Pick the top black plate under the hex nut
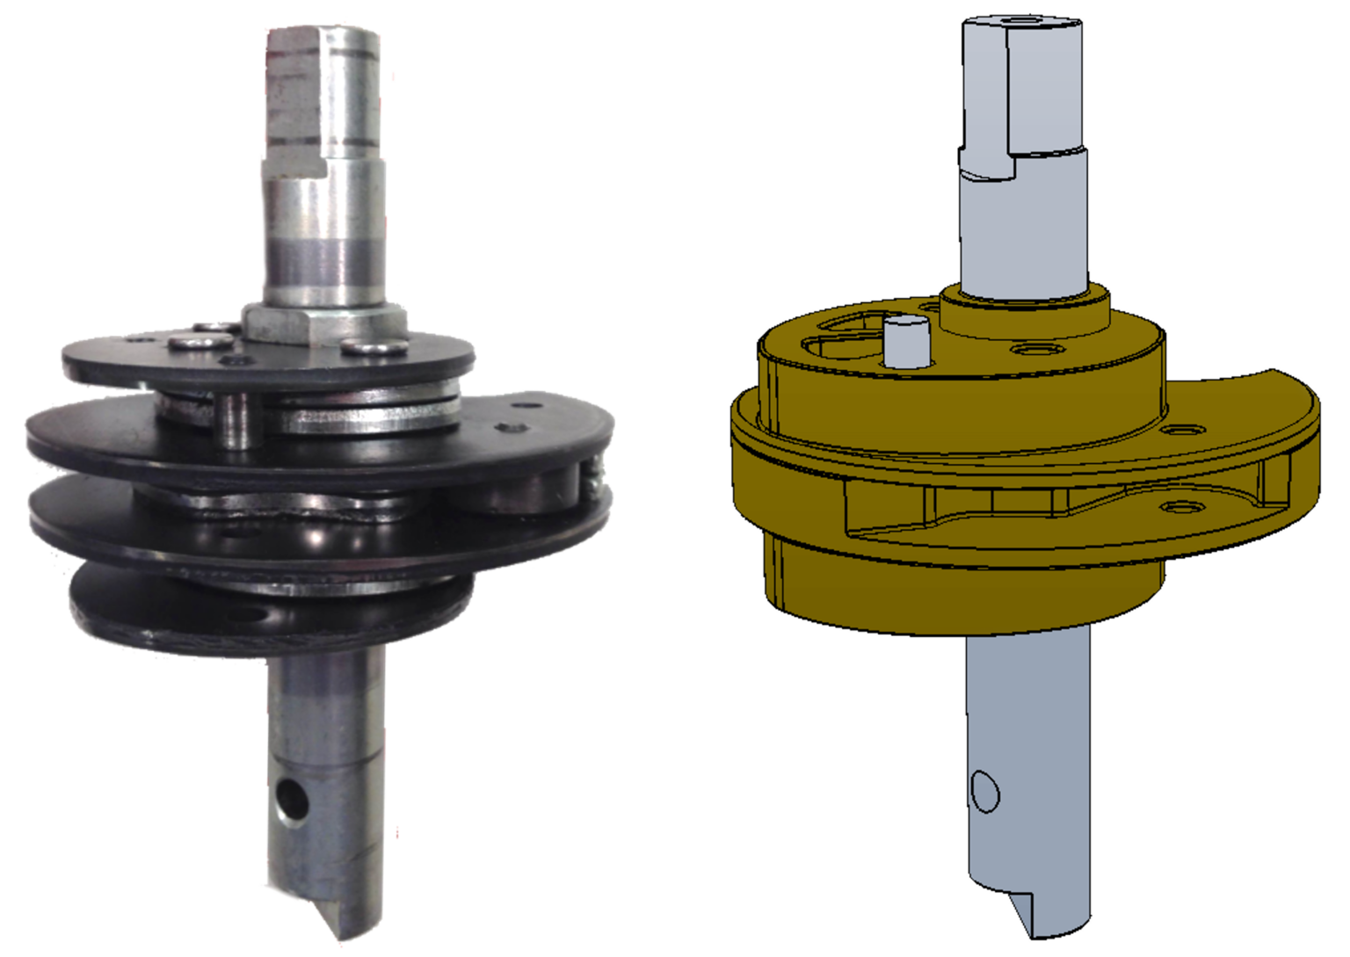[132, 360]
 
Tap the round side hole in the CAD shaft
[985, 791]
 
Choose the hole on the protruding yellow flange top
[1183, 430]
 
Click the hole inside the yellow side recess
[1179, 507]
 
